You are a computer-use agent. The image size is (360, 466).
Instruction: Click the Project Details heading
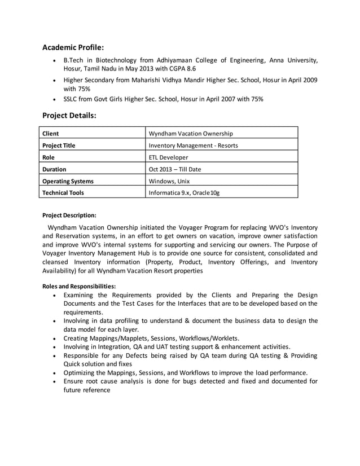coord(69,115)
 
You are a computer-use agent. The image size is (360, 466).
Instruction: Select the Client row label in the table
coord(51,134)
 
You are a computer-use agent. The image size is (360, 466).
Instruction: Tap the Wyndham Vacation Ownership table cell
coord(190,134)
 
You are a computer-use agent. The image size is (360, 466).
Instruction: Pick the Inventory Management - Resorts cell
coord(192,146)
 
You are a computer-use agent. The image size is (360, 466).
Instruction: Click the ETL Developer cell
coord(168,157)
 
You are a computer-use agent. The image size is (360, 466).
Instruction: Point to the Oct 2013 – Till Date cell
coord(174,169)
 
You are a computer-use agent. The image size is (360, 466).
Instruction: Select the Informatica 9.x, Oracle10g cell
coord(184,193)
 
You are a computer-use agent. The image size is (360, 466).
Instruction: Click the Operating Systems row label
coord(68,181)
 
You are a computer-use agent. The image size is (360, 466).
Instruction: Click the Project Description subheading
coord(69,215)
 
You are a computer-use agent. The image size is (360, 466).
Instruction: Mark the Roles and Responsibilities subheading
coord(79,286)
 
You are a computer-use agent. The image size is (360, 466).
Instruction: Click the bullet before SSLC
coord(54,99)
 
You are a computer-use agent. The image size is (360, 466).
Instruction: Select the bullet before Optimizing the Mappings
coord(54,373)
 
